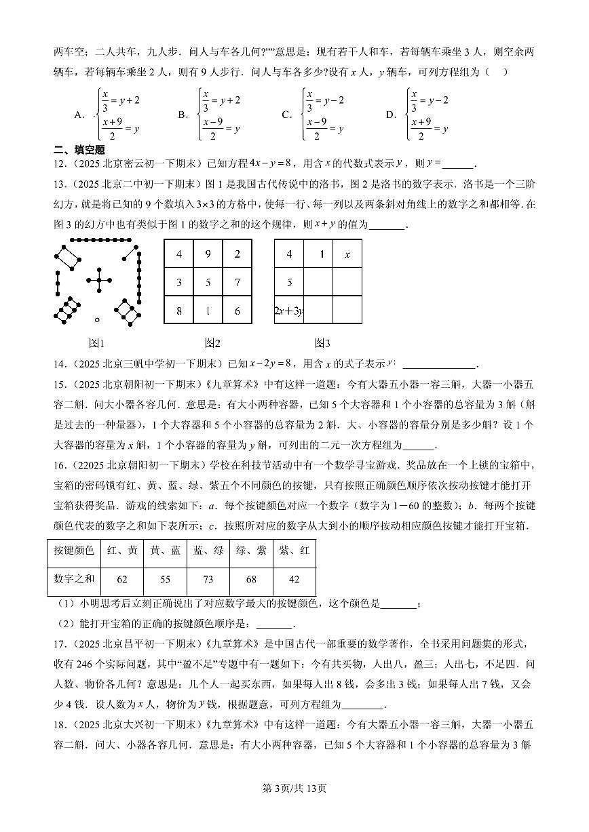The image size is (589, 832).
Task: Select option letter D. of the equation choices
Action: [391, 115]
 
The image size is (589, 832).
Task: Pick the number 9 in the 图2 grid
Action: [208, 254]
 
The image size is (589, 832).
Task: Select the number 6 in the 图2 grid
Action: [237, 311]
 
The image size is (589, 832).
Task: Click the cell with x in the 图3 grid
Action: [347, 254]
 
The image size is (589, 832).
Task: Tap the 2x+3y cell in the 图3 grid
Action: [288, 311]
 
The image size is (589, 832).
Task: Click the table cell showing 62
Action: [122, 579]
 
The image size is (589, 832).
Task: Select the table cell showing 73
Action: [208, 579]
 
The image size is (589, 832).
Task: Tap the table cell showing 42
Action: [294, 579]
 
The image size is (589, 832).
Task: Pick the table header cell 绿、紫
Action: [251, 551]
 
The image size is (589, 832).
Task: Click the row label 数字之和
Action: [74, 579]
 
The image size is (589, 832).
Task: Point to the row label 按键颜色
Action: [74, 551]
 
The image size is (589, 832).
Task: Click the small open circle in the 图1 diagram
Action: [97, 319]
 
